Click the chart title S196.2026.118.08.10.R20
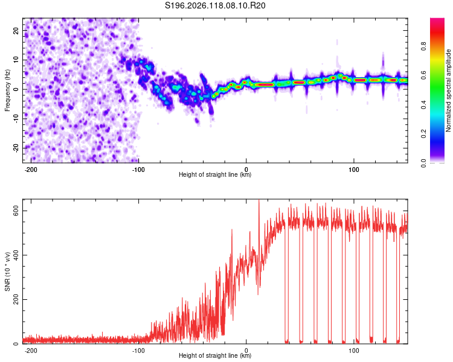click(x=215, y=5)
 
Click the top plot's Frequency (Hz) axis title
click(x=7, y=91)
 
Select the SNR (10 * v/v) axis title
click(x=7, y=271)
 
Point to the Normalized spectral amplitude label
click(x=448, y=91)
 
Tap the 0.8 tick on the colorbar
click(x=423, y=46)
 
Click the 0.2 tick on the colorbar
click(x=423, y=134)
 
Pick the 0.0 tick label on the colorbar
click(x=423, y=163)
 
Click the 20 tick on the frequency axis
click(x=16, y=31)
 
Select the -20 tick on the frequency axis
click(x=16, y=148)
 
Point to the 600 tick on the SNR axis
click(x=16, y=211)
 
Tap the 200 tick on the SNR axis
click(x=16, y=300)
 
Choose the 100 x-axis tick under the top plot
click(x=353, y=170)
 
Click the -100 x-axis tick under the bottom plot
click(x=138, y=351)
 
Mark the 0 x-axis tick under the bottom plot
click(x=246, y=351)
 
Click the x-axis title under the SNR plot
click(x=215, y=355)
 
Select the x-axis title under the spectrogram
click(x=215, y=174)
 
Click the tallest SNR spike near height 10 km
click(x=259, y=200)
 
